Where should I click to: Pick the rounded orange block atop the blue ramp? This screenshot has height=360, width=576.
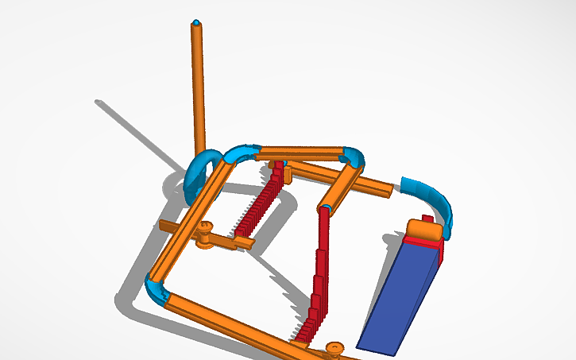coord(423,231)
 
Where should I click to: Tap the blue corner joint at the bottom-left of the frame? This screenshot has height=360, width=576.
coord(156,289)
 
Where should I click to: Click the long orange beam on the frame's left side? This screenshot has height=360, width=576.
coord(191,223)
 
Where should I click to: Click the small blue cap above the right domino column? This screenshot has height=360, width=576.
coord(326,208)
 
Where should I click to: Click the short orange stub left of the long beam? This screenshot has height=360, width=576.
coord(168,226)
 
